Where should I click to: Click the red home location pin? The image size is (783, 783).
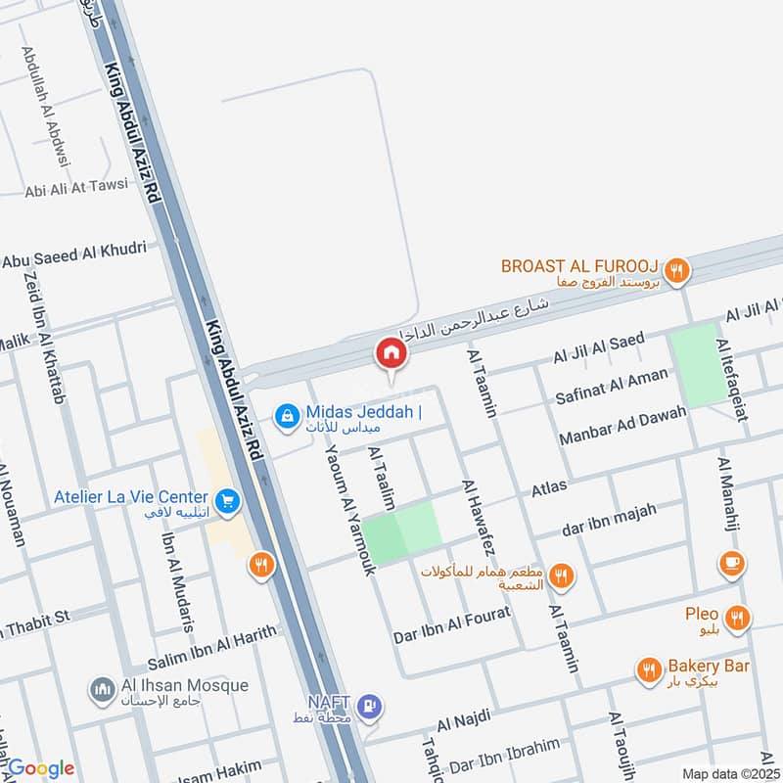tap(391, 353)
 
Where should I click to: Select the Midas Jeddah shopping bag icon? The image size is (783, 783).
tap(286, 417)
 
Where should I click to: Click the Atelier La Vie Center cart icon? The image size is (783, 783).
tap(227, 501)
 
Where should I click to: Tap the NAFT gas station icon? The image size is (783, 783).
tap(369, 706)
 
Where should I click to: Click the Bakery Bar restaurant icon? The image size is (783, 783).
tap(648, 670)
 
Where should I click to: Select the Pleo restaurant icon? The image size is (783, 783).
tap(739, 617)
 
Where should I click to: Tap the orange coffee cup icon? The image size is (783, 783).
tap(730, 563)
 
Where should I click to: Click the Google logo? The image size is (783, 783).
tap(41, 768)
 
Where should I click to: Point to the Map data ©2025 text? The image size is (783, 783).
tap(729, 773)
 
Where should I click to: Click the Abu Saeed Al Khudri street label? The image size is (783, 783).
tap(74, 254)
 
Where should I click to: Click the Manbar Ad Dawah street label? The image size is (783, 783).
tap(622, 423)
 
